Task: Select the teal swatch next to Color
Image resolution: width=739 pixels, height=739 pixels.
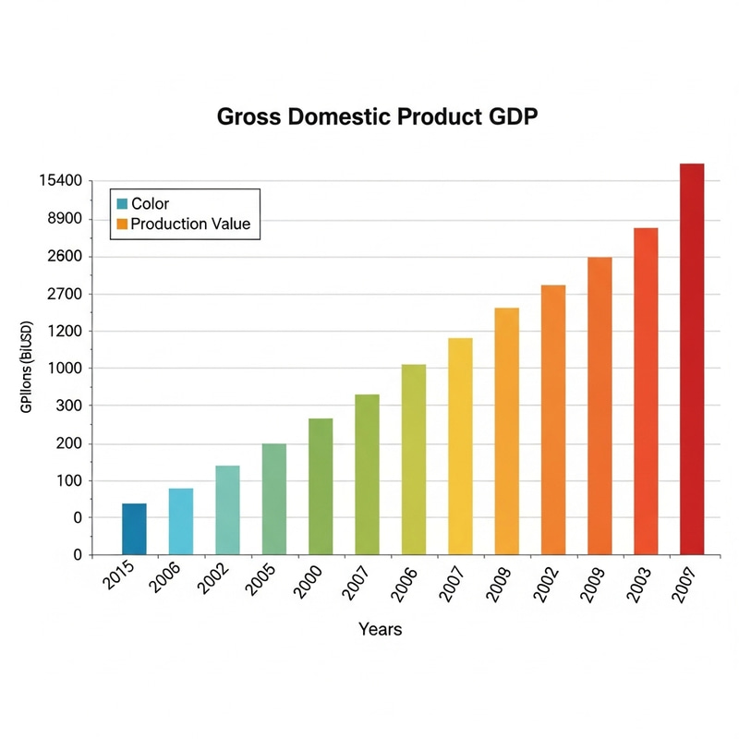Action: click(x=121, y=203)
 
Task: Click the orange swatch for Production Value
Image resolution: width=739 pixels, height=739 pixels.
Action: click(x=121, y=224)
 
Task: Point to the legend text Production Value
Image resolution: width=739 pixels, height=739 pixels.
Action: click(x=190, y=224)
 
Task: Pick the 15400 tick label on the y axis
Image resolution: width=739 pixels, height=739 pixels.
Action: click(x=61, y=182)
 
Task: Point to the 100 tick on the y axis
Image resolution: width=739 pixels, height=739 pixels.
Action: click(x=69, y=481)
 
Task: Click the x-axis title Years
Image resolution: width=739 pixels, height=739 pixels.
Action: click(x=380, y=629)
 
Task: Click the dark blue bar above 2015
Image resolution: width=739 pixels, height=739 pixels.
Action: click(x=134, y=529)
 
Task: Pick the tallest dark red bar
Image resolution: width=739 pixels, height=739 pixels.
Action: click(x=692, y=359)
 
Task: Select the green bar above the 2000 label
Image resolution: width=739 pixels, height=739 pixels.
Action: click(x=321, y=487)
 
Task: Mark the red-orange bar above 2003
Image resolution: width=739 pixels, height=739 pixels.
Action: click(x=646, y=392)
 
